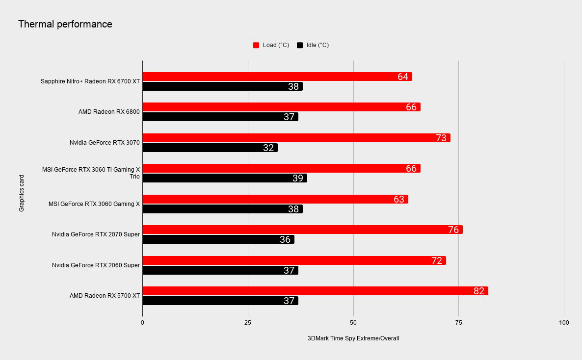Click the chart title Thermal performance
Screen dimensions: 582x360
tap(65, 24)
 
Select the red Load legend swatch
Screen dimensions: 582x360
tap(256, 45)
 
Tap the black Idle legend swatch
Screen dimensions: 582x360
tap(300, 45)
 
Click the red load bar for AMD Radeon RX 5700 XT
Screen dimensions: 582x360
tap(315, 291)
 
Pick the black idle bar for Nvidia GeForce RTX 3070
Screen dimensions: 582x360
tap(210, 148)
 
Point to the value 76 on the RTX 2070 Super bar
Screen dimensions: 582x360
tap(453, 230)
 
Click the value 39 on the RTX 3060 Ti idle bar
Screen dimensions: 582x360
tap(298, 178)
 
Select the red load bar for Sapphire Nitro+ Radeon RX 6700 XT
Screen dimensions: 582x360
tap(277, 77)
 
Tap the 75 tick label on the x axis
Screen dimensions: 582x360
tap(458, 323)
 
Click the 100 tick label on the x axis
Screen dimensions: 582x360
tap(564, 323)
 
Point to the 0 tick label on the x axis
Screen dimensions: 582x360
tap(142, 323)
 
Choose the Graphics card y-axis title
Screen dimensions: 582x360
tap(22, 193)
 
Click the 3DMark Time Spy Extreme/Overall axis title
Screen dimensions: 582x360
tap(353, 338)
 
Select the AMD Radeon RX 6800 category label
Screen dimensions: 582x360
tap(109, 112)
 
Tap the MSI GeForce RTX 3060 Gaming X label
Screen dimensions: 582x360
tap(94, 204)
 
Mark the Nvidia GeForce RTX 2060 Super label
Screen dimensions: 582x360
tap(96, 265)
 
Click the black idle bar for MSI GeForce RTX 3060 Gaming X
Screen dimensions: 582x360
tap(223, 209)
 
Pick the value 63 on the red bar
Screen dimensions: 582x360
tap(399, 199)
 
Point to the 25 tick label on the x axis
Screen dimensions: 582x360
tap(248, 323)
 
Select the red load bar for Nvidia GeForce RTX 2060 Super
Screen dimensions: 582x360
tap(294, 260)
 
